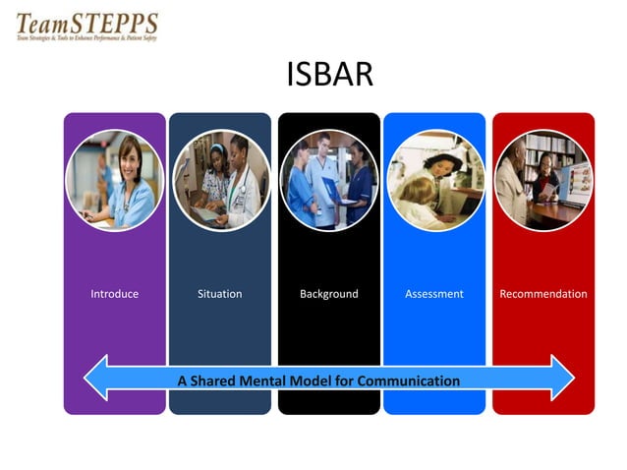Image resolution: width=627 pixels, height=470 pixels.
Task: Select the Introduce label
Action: [x=115, y=294]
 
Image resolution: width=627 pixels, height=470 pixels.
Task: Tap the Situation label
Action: [x=219, y=294]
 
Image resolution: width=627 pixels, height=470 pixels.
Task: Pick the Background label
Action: [x=328, y=294]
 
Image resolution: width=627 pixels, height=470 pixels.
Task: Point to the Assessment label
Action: [x=433, y=294]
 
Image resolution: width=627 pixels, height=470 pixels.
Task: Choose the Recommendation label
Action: [x=543, y=294]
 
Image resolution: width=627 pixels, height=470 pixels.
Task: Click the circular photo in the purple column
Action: [x=114, y=181]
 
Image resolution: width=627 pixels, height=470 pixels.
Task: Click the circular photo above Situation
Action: [x=221, y=181]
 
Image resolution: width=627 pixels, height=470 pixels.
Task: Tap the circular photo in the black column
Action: [x=329, y=181]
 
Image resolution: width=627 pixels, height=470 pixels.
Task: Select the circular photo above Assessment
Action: [x=435, y=181]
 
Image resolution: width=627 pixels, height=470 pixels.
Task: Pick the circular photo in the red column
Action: [x=543, y=181]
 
